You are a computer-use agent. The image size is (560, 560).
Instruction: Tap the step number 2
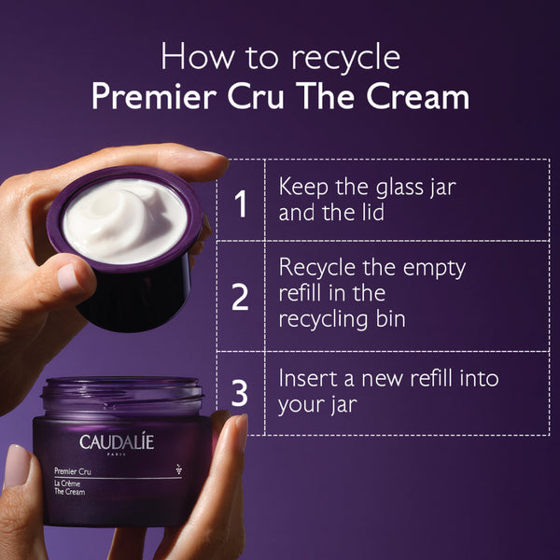(241, 297)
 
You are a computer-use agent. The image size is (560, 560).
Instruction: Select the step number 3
(241, 393)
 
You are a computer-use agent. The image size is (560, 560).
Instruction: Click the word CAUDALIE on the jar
(118, 441)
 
